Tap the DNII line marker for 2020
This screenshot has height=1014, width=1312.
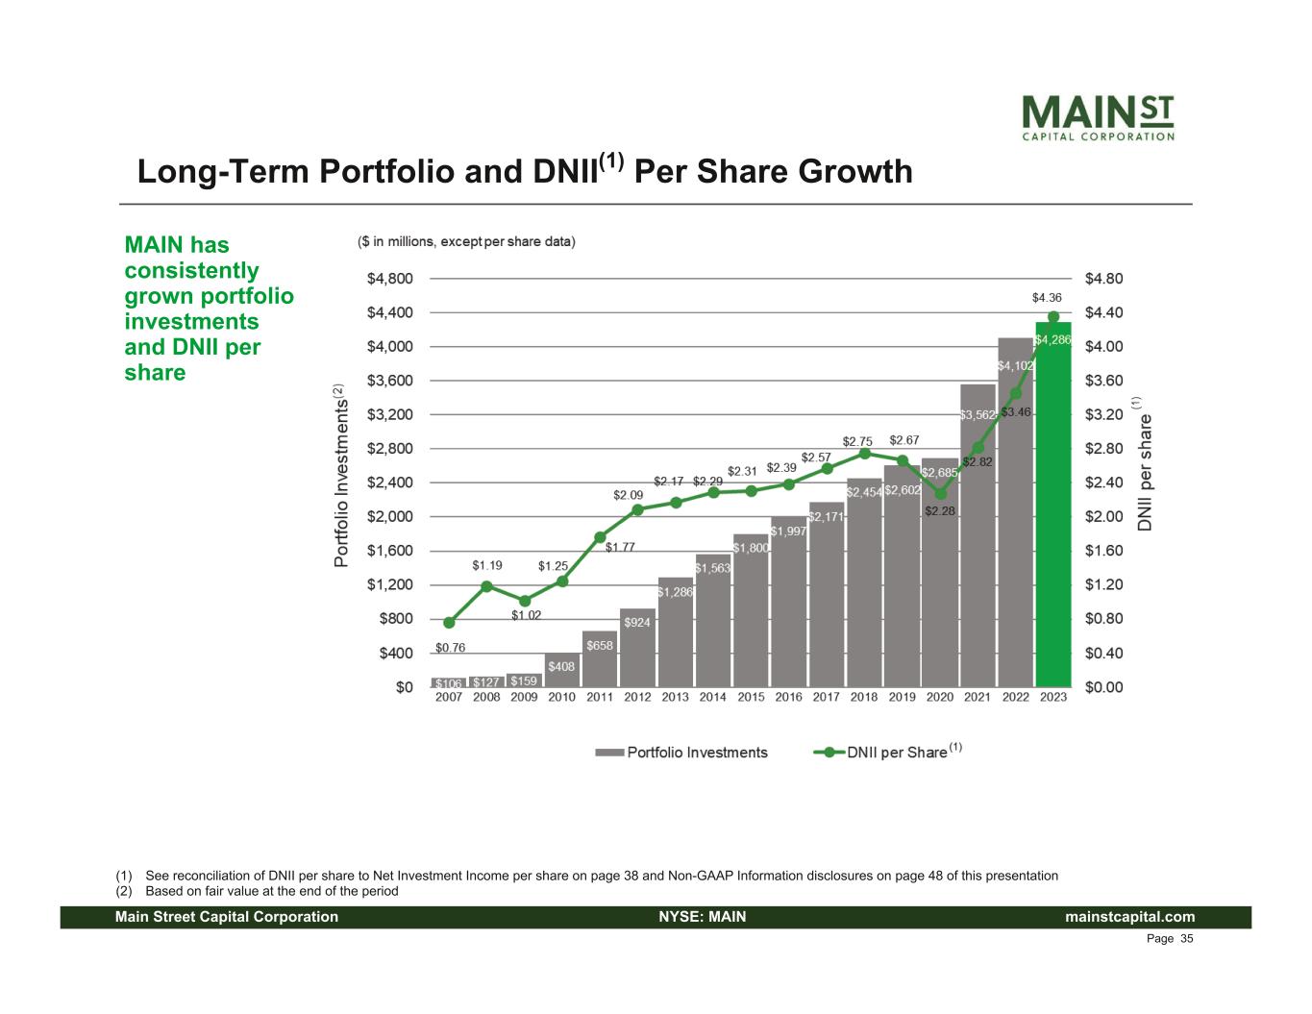[940, 494]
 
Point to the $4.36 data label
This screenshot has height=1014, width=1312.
[1047, 298]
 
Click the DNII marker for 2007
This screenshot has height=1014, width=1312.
[449, 623]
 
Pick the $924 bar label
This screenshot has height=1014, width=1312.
[637, 623]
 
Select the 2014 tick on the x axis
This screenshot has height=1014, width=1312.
[713, 697]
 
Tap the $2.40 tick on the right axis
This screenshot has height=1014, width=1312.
[1103, 482]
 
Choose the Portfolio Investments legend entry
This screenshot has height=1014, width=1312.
[682, 753]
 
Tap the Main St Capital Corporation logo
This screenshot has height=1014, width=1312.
[1098, 117]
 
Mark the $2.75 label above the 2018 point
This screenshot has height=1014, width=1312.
[857, 441]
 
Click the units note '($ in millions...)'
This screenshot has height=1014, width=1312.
[466, 241]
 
